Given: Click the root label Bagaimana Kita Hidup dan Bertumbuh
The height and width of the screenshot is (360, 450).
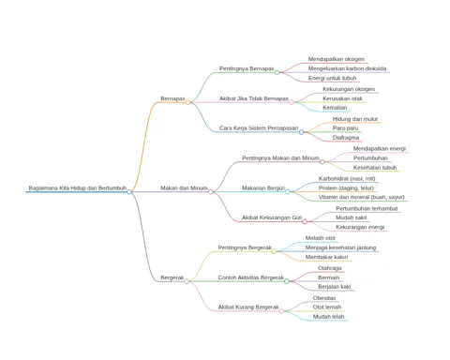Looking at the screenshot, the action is [78, 188].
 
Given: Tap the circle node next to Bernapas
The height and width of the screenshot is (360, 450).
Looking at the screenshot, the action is [188, 102].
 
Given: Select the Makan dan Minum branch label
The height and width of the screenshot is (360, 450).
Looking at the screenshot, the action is [184, 188].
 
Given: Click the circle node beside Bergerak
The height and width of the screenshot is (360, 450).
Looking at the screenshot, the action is [187, 281].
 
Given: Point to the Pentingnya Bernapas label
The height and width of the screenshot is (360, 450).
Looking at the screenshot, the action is [247, 68].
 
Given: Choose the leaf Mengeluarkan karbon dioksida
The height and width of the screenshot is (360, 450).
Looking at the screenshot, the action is [347, 68].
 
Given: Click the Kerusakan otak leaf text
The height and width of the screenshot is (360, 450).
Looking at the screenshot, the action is [342, 98].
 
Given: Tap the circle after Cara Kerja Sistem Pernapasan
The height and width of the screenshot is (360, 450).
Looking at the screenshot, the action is [301, 132].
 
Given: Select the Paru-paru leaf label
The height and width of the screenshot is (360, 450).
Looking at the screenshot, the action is [345, 128].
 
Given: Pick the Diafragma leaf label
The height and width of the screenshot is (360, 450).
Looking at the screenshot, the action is [346, 138].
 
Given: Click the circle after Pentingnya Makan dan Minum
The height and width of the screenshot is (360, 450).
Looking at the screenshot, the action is [322, 162].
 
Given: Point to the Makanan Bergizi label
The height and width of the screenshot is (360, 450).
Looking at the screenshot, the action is [263, 188].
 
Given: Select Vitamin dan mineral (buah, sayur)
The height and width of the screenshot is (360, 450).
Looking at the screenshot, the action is [362, 198].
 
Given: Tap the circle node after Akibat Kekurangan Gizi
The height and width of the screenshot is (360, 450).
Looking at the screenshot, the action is [305, 221].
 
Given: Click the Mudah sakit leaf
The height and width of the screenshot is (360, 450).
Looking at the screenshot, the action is [352, 217].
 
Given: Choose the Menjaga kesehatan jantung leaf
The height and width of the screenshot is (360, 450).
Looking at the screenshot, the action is [340, 247].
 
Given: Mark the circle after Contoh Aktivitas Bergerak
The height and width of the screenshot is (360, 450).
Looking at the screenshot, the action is [287, 281].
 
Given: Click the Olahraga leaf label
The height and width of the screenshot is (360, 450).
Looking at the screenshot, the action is [330, 268].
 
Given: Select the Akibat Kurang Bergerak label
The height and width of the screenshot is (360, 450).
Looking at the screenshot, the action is [248, 307].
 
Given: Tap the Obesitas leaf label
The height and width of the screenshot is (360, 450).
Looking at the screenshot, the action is [324, 298].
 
